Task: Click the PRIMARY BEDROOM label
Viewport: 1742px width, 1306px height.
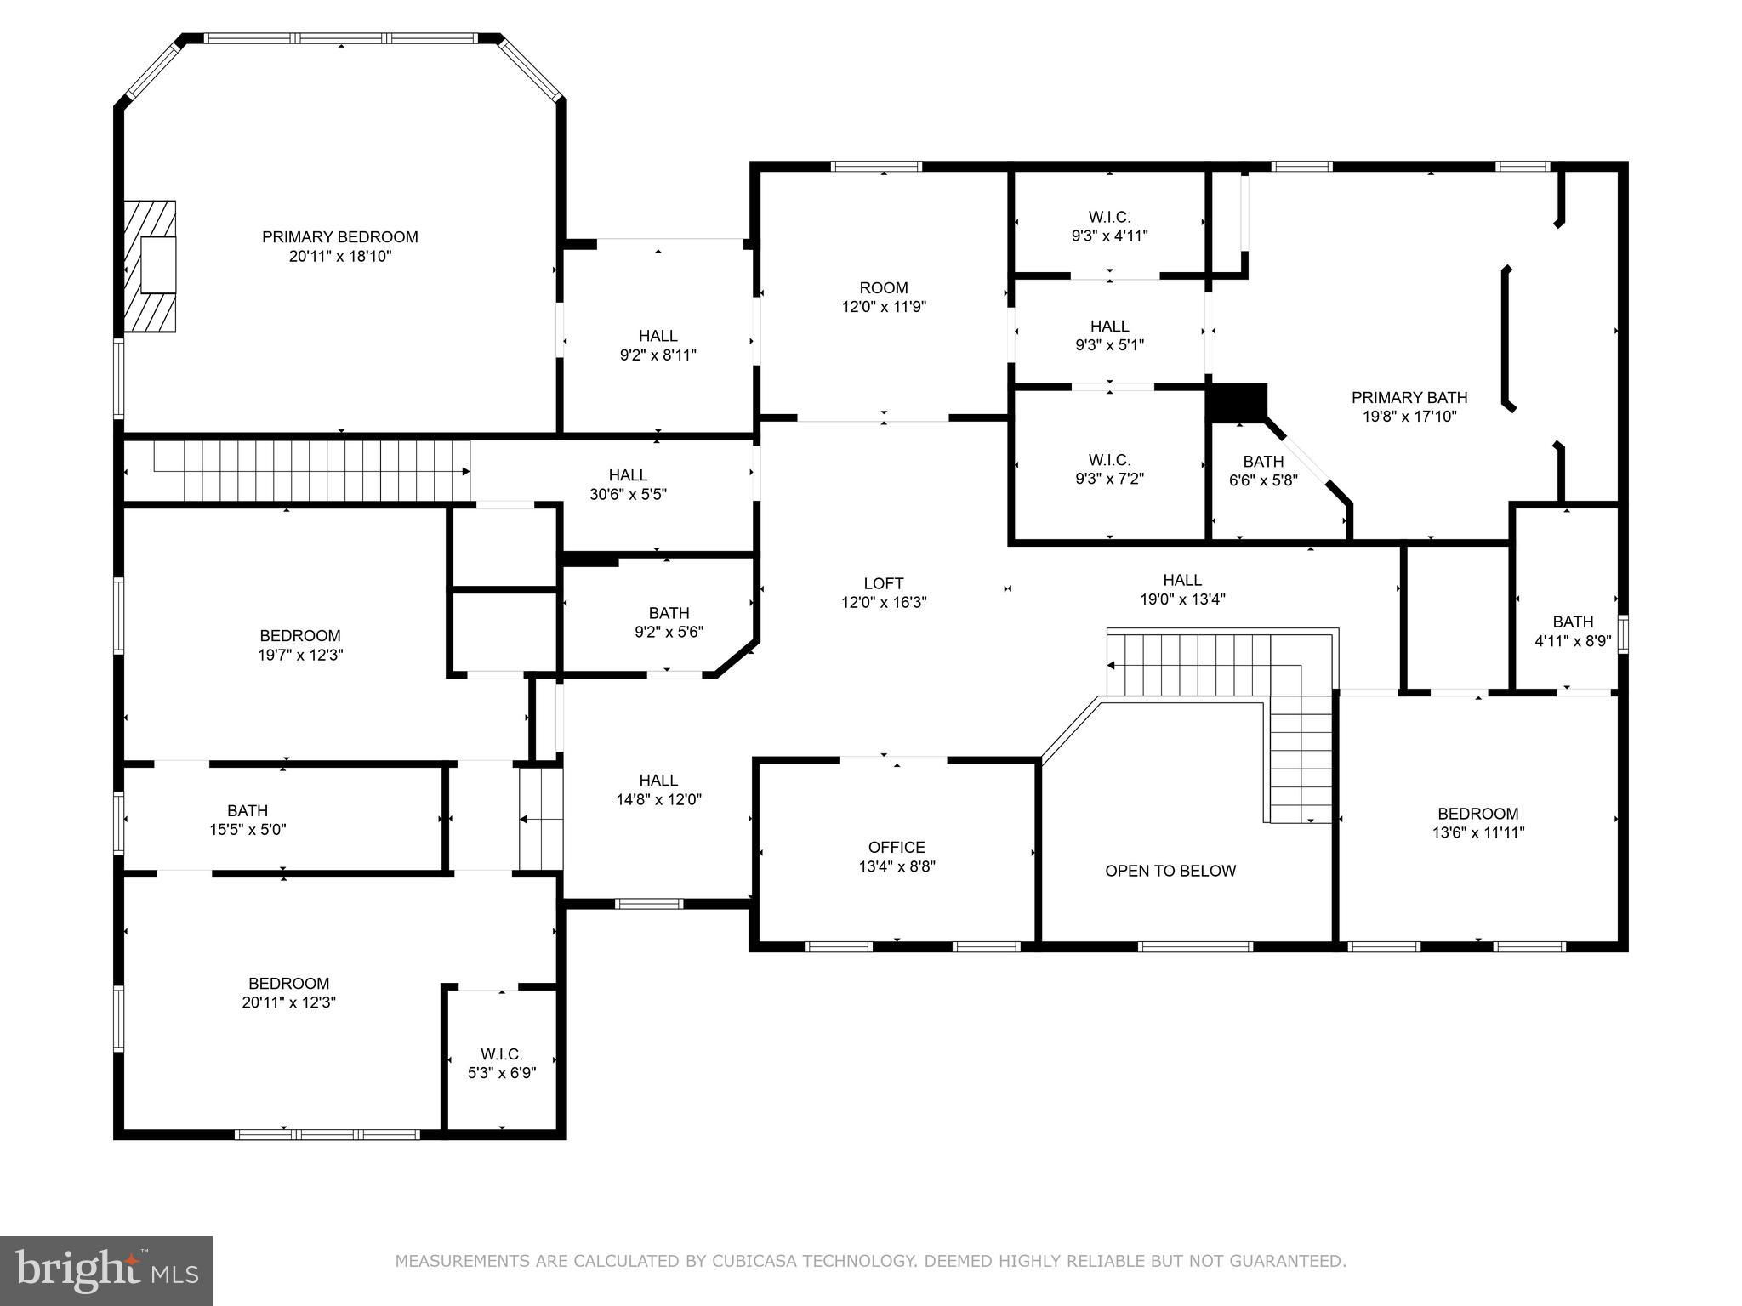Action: (339, 236)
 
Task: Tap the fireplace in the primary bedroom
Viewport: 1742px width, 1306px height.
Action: (150, 266)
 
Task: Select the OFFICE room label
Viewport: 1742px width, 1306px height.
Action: (897, 847)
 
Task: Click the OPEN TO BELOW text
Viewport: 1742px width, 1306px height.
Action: (1170, 871)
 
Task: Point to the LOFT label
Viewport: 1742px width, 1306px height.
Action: (884, 583)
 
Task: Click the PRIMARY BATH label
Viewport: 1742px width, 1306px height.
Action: (1409, 397)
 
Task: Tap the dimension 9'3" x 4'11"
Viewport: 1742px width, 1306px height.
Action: (1109, 236)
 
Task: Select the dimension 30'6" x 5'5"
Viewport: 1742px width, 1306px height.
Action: (628, 494)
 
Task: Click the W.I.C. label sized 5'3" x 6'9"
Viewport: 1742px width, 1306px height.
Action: (502, 1054)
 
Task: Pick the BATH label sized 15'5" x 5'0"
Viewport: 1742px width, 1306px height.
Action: (248, 810)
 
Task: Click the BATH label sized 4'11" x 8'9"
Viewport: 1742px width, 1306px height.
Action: (1573, 622)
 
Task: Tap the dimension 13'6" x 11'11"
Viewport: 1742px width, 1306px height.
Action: (1478, 833)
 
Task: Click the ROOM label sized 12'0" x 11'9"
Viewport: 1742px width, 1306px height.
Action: (884, 287)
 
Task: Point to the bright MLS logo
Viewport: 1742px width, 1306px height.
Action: (106, 1270)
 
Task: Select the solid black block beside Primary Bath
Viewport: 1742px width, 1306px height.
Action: (1238, 401)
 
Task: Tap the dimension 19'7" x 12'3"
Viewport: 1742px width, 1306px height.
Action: (301, 655)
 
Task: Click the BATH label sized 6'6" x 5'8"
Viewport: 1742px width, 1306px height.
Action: (1263, 462)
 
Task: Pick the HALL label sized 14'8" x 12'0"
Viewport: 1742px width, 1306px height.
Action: (658, 780)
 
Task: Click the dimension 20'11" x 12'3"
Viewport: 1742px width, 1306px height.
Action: (289, 1002)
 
